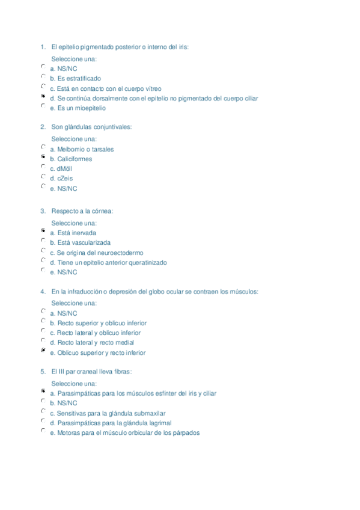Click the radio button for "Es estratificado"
pos(43,76)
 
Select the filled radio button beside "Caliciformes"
pos(43,157)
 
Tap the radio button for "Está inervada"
pos(43,231)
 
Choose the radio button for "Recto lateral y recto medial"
pos(43,341)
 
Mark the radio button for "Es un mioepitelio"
pos(43,106)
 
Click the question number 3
pos(43,211)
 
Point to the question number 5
pos(43,372)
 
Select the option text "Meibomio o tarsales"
pos(82,149)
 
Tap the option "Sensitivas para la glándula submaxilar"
pos(108,413)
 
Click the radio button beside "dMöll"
pos(43,167)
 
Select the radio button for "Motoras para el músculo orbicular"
pos(43,431)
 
